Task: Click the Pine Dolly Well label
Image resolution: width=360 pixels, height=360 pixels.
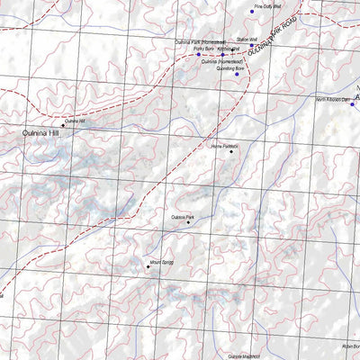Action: click(x=268, y=5)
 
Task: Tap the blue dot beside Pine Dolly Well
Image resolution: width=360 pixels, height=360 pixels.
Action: click(x=252, y=13)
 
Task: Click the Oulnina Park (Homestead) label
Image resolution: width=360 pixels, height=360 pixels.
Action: click(x=200, y=42)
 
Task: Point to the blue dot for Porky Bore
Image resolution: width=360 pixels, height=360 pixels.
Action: click(x=199, y=55)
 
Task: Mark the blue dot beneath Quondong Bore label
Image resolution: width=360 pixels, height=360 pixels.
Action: click(x=238, y=74)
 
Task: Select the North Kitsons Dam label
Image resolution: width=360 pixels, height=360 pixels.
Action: click(x=332, y=98)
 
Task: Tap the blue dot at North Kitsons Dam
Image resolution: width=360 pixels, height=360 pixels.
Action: click(x=352, y=104)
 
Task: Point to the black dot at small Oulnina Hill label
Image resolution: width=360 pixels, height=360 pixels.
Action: click(x=63, y=125)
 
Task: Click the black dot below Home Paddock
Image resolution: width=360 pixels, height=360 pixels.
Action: click(x=231, y=152)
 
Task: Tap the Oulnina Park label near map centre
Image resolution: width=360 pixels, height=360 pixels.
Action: click(x=182, y=217)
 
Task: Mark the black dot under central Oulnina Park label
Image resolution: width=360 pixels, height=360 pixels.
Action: click(x=188, y=223)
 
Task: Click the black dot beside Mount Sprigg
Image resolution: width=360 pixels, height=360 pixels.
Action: click(x=148, y=266)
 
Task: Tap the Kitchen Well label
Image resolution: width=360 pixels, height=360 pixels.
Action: click(x=228, y=49)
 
